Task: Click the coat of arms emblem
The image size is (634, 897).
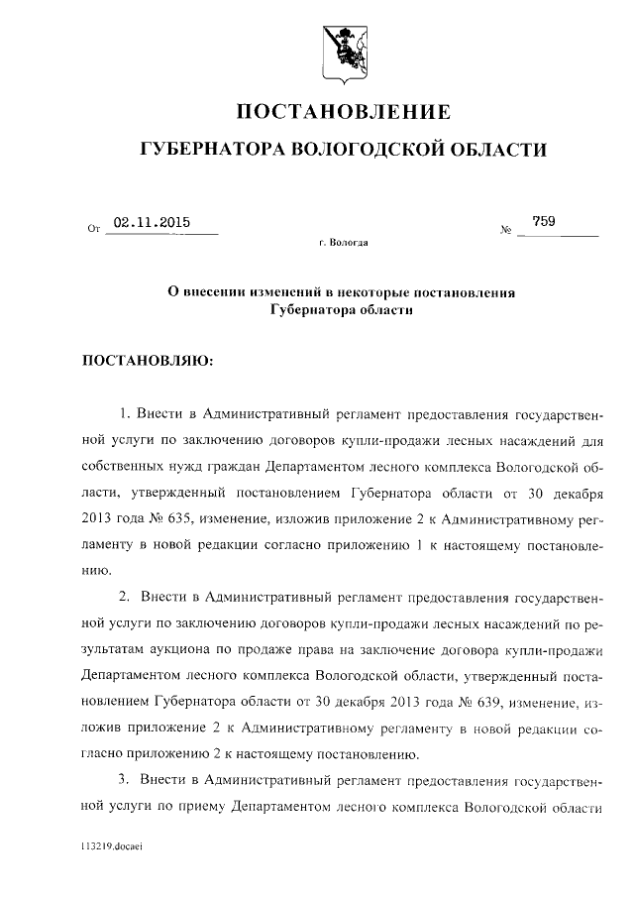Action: (x=344, y=46)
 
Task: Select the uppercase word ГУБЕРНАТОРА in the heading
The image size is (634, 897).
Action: (x=211, y=150)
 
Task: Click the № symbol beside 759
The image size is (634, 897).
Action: (x=505, y=232)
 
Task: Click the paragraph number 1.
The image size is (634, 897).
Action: (x=123, y=411)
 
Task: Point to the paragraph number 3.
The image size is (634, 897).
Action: (x=123, y=781)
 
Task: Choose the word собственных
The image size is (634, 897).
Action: (x=121, y=466)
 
